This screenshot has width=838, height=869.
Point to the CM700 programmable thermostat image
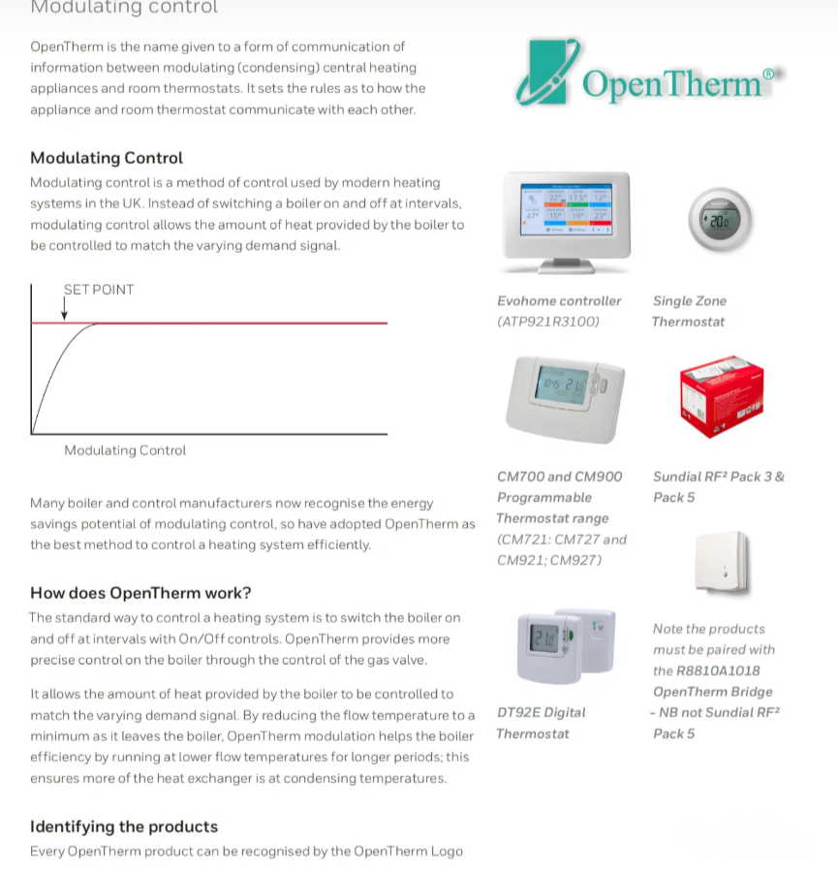point(565,392)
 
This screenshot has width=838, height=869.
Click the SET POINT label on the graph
point(99,290)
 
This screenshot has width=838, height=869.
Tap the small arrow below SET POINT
point(65,309)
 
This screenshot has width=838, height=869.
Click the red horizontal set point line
point(242,323)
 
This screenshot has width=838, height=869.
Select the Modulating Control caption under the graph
point(125,450)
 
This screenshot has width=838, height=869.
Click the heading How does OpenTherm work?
point(140,593)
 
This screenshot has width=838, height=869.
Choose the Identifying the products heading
point(124,826)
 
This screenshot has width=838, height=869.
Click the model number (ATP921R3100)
point(548,322)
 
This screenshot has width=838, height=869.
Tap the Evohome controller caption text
point(559,301)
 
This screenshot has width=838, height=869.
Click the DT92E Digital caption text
point(542,712)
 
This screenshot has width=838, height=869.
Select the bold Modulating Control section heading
point(107,158)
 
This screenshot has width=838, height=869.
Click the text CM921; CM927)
point(549,560)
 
